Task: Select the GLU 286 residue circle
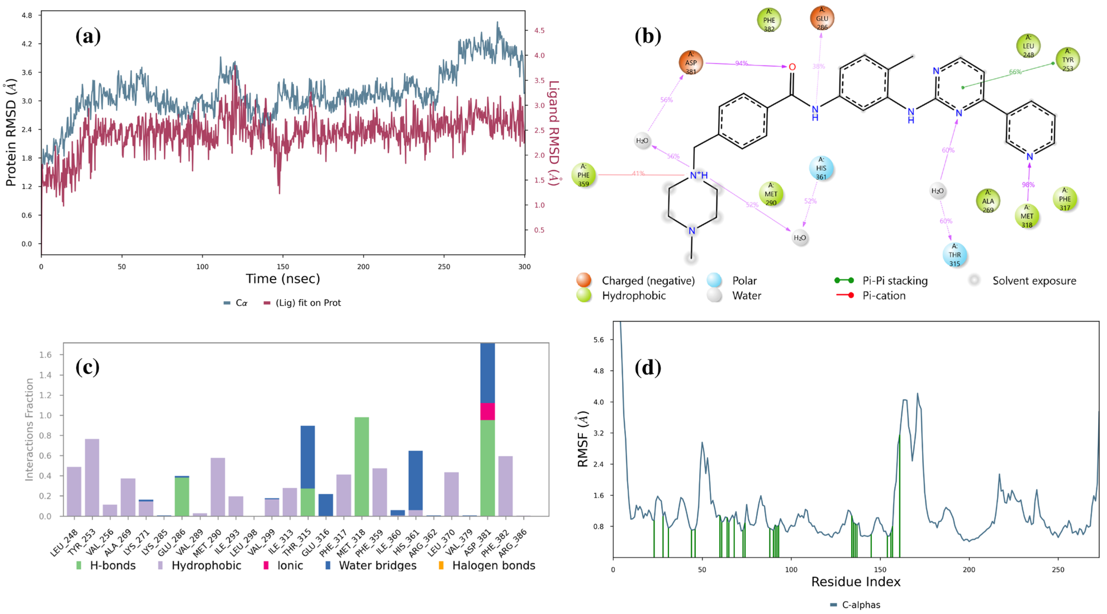(822, 18)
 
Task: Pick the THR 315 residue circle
(954, 255)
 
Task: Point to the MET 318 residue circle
(1027, 216)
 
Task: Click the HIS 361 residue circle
(821, 168)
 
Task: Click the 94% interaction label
(741, 63)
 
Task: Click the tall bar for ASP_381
(487, 430)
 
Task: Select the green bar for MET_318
(361, 466)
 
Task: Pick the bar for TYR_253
(92, 477)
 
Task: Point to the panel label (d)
(647, 368)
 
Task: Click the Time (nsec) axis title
(283, 279)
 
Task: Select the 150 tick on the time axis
(283, 267)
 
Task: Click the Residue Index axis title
(855, 582)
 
